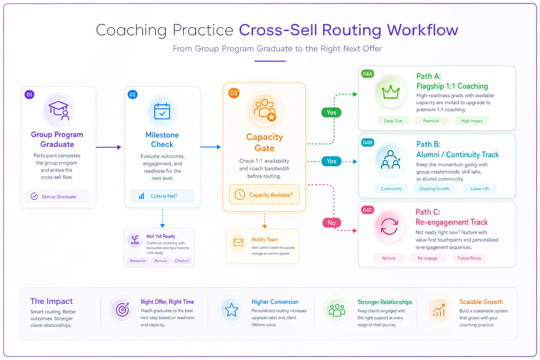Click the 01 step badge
[30, 95]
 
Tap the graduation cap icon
[59, 110]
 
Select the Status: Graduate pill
[57, 196]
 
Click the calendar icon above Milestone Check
[162, 111]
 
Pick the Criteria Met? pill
[162, 196]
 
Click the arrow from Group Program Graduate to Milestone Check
[109, 147]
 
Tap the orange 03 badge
[234, 93]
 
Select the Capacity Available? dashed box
[264, 194]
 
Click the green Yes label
[331, 112]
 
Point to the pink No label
[332, 223]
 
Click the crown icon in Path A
[391, 92]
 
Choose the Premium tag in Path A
[431, 121]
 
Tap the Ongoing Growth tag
[434, 188]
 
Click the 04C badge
[367, 210]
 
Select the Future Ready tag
[469, 258]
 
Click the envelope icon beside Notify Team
[238, 242]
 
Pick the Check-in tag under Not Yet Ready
[182, 261]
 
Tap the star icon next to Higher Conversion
[231, 310]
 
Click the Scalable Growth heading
[481, 302]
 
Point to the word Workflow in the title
[422, 30]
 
